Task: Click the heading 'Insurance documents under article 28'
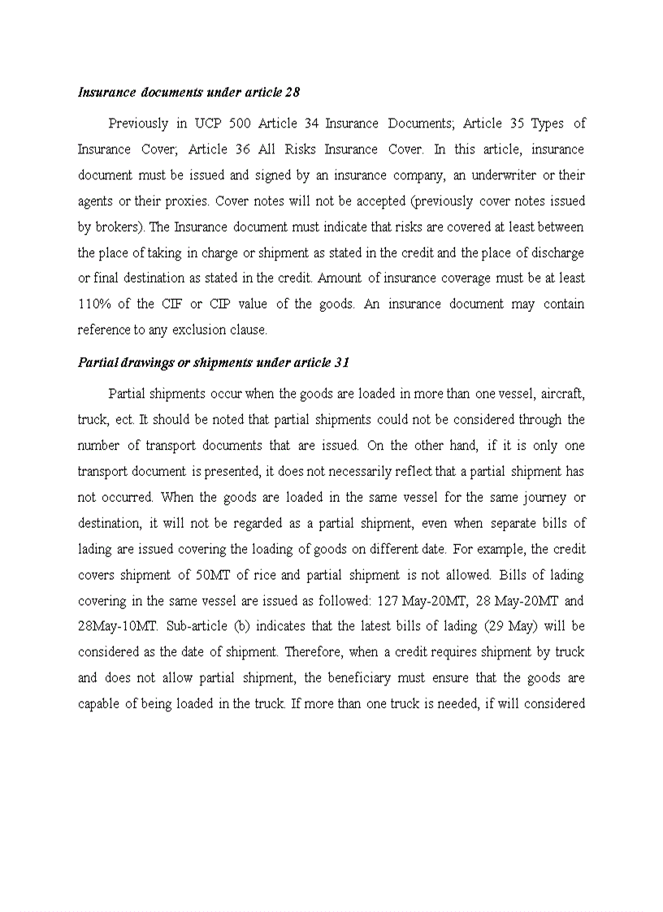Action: point(188,93)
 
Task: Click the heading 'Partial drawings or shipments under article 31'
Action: point(214,362)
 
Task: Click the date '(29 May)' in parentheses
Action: point(515,628)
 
